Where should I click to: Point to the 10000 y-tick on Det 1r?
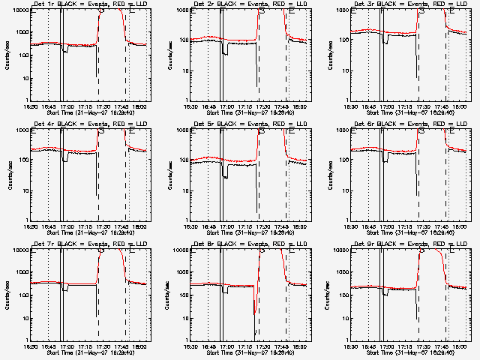[x=20, y=10]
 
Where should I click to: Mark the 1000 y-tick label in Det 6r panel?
[x=343, y=130]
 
